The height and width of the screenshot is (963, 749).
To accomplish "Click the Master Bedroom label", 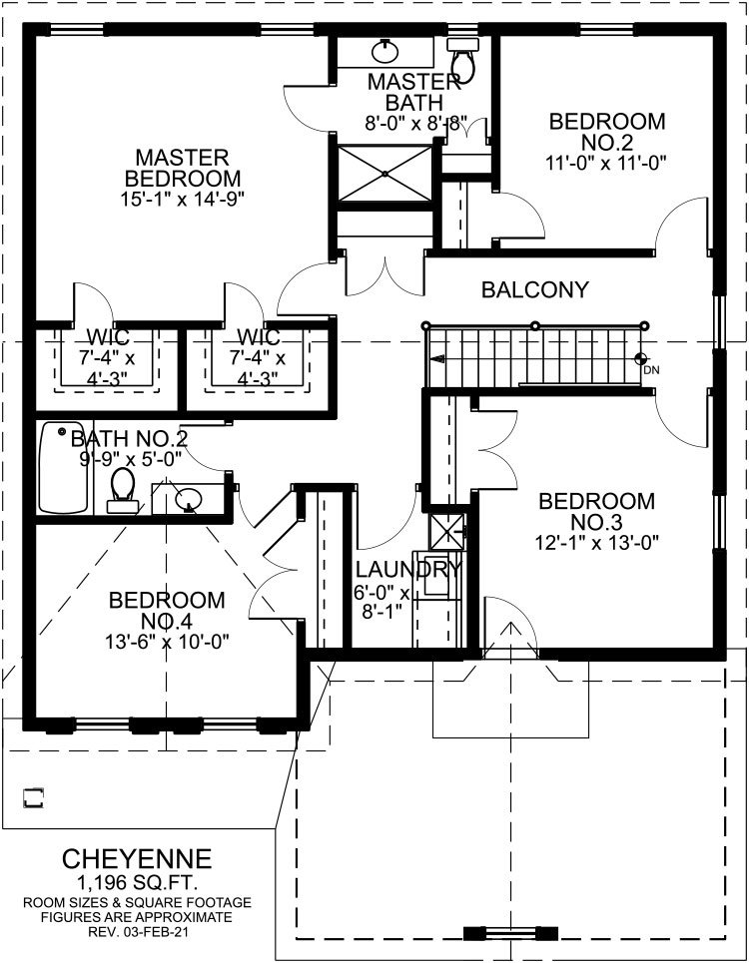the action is click(x=183, y=168).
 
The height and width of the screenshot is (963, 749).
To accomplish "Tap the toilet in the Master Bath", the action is click(x=462, y=59).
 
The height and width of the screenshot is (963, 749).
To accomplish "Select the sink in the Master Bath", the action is click(x=385, y=51).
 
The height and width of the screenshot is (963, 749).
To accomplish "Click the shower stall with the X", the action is click(x=385, y=173).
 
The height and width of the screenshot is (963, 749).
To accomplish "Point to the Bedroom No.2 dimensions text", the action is click(x=606, y=163).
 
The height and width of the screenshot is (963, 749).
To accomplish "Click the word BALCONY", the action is click(x=535, y=289).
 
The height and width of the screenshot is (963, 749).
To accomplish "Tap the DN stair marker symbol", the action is click(x=641, y=358).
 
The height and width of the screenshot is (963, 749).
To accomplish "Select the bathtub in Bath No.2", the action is click(x=62, y=467).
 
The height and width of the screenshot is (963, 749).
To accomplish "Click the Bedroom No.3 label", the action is click(x=596, y=512).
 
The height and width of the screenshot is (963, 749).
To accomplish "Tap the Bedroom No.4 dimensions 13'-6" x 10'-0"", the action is click(x=167, y=642).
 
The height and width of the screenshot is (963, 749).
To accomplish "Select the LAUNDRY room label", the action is click(x=408, y=570).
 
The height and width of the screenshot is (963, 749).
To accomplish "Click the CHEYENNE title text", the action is click(x=137, y=859).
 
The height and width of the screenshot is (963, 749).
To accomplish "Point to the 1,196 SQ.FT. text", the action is click(x=137, y=883).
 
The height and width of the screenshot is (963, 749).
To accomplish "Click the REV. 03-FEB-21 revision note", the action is click(x=138, y=932).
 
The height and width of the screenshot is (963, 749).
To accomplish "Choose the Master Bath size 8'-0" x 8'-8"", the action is click(x=416, y=123).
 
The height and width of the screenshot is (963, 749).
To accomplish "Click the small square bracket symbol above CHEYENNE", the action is click(x=34, y=797).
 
